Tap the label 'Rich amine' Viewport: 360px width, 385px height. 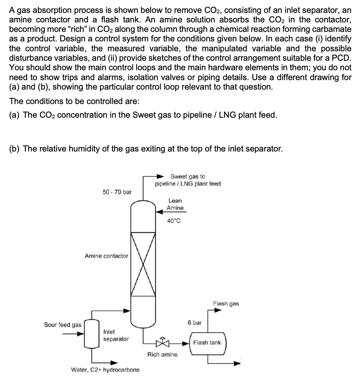tap(162, 355)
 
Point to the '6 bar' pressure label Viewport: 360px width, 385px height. tap(194, 323)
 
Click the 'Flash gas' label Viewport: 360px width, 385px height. tap(226, 303)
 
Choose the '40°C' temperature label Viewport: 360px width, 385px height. tap(174, 221)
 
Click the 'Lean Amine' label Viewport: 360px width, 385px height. tap(175, 204)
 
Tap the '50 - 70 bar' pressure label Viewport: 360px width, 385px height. tap(117, 192)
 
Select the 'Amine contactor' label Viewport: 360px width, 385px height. tap(106, 256)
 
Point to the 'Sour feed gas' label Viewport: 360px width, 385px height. tap(63, 325)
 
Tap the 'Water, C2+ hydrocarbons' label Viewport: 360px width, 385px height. tap(105, 369)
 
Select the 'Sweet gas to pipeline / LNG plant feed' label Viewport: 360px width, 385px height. tap(188, 180)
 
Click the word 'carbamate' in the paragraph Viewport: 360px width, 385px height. tap(330, 29)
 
